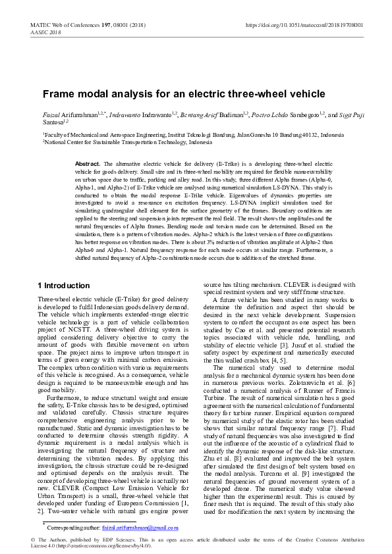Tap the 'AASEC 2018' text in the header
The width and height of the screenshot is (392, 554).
pos(45,32)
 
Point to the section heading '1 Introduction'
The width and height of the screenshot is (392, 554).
pos(64,286)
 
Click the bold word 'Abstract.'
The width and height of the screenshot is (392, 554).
pos(88,163)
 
